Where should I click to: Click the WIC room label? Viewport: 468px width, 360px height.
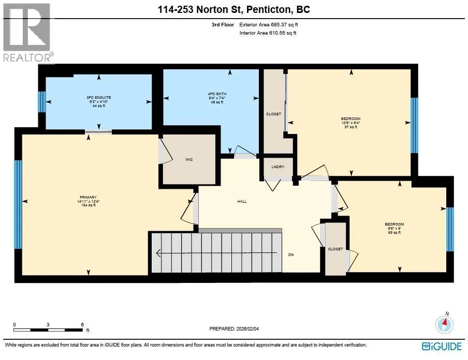[x=189, y=160]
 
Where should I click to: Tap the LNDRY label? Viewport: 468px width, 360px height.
[x=278, y=167]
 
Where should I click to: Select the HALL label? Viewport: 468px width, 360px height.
[x=242, y=201]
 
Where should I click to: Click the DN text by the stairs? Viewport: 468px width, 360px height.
[x=291, y=254]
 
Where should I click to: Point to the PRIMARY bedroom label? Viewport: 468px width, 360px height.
[x=88, y=197]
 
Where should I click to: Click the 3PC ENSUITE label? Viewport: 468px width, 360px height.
[x=99, y=98]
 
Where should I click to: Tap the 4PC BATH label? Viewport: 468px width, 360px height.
[x=217, y=94]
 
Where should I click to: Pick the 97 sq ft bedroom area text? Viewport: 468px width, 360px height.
[x=350, y=127]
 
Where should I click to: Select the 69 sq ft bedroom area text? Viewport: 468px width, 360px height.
[x=394, y=233]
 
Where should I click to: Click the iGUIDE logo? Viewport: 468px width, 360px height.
[x=442, y=346]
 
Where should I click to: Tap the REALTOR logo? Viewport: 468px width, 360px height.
[x=27, y=33]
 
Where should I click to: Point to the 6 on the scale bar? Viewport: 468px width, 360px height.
[x=82, y=324]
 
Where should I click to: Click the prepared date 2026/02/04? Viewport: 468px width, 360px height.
[x=247, y=328]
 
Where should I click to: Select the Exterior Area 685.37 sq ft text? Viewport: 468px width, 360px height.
[x=269, y=25]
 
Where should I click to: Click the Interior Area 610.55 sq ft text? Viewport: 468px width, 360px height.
[x=268, y=33]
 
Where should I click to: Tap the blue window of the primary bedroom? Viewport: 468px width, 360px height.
[x=18, y=205]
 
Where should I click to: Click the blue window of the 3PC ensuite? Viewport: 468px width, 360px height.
[x=42, y=102]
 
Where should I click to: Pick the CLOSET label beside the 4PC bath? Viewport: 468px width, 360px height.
[x=273, y=114]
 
